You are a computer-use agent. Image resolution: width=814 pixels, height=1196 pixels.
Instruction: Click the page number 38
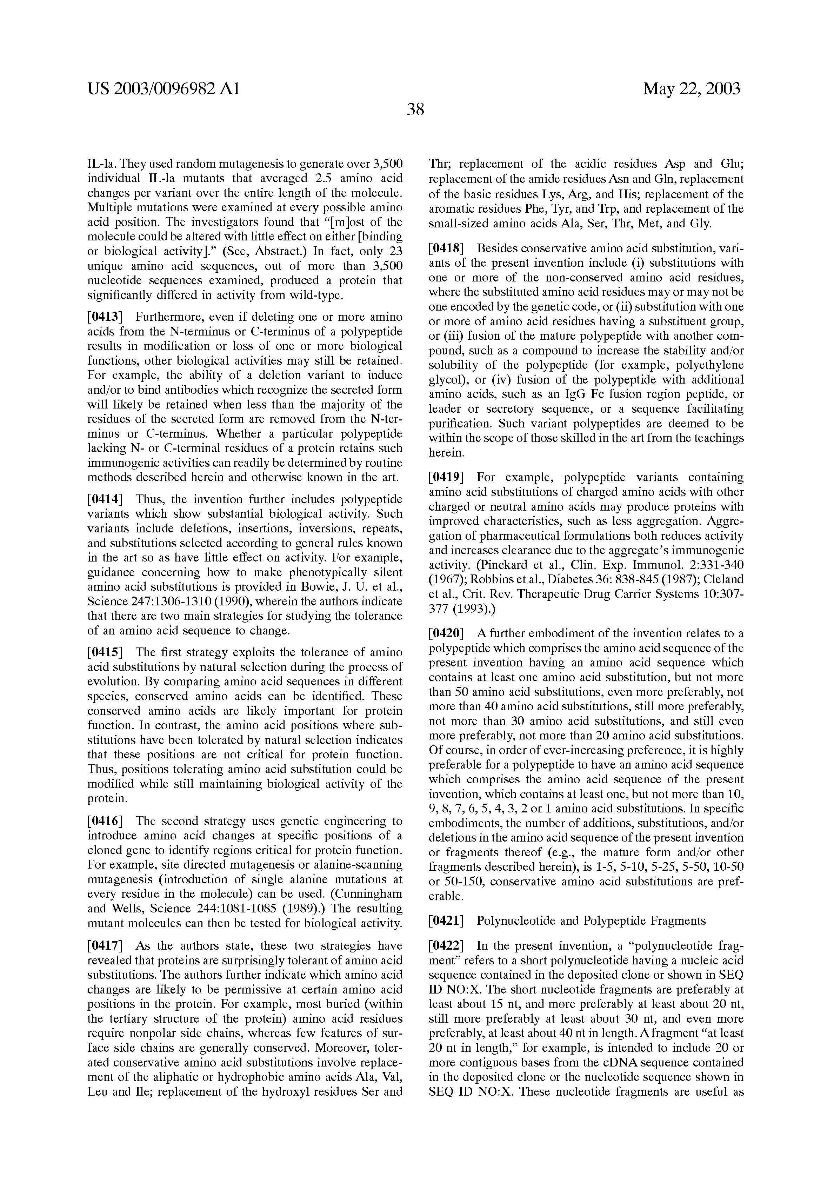[x=415, y=109]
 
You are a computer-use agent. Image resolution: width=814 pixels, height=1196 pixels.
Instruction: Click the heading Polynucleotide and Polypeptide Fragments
[x=591, y=920]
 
